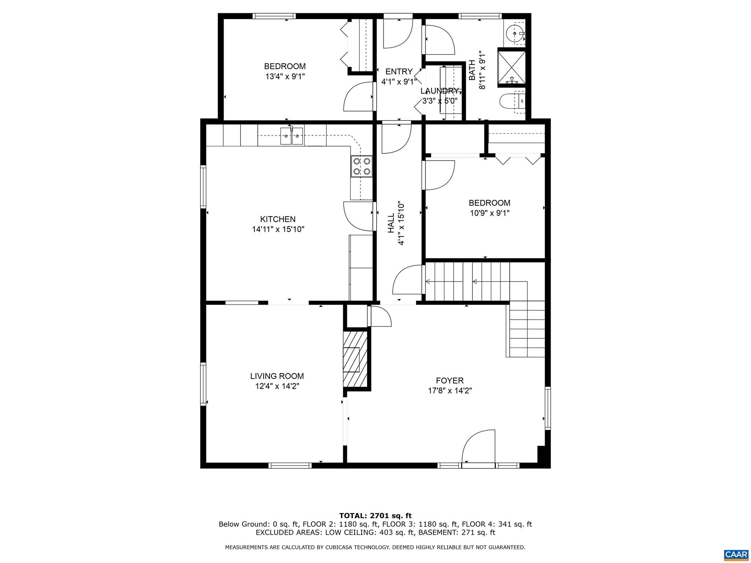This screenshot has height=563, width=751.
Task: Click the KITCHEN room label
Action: pyautogui.click(x=278, y=219)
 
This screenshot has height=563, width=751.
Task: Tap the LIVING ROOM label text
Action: pyautogui.click(x=277, y=376)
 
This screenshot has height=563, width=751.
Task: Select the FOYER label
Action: pyautogui.click(x=450, y=381)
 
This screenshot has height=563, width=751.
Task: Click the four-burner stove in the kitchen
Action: pyautogui.click(x=362, y=166)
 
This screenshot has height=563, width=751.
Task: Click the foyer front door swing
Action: pyautogui.click(x=479, y=448)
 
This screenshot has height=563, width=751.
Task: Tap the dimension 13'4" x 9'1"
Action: pyautogui.click(x=285, y=77)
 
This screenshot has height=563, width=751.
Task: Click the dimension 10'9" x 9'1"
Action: pyautogui.click(x=490, y=213)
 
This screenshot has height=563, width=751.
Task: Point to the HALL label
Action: pyautogui.click(x=391, y=223)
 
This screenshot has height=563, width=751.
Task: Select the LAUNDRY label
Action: pyautogui.click(x=439, y=91)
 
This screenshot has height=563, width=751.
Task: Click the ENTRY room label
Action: pyautogui.click(x=399, y=71)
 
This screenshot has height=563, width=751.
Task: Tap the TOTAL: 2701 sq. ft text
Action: pyautogui.click(x=375, y=516)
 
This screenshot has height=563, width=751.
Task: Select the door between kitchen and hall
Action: pyautogui.click(x=358, y=216)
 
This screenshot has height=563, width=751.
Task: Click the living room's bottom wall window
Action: pyautogui.click(x=290, y=466)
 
